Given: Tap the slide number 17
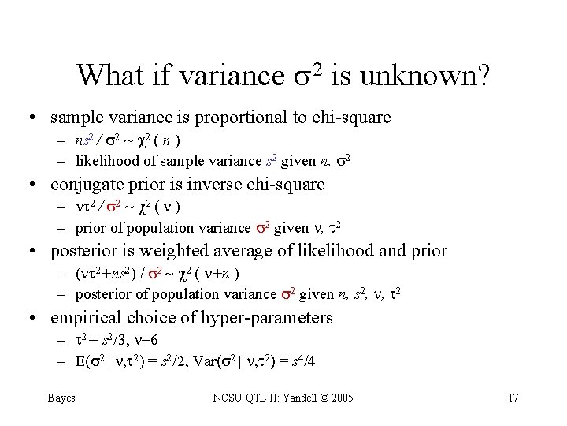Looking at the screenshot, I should tap(513, 398).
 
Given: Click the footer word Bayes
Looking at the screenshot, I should tap(61, 398).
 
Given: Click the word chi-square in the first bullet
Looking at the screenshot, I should tap(351, 118).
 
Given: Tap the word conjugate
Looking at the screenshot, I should tap(86, 185).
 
